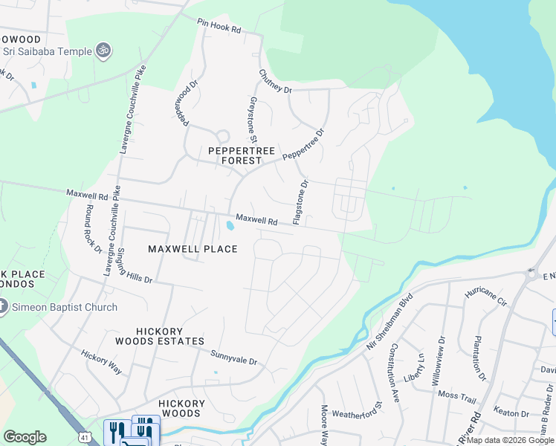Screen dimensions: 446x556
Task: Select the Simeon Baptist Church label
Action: coord(64,307)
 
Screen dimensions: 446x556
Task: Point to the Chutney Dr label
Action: coord(275,80)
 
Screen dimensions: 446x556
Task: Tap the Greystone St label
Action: coord(253,119)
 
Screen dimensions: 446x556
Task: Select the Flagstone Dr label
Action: coord(300,202)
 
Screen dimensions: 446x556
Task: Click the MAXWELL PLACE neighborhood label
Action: coord(193,249)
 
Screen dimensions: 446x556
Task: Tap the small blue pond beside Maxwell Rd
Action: coord(230,224)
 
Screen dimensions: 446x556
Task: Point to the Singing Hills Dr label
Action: coord(135,267)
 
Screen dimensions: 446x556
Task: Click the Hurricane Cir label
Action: coord(485,297)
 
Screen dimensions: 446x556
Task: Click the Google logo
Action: coord(25,437)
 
